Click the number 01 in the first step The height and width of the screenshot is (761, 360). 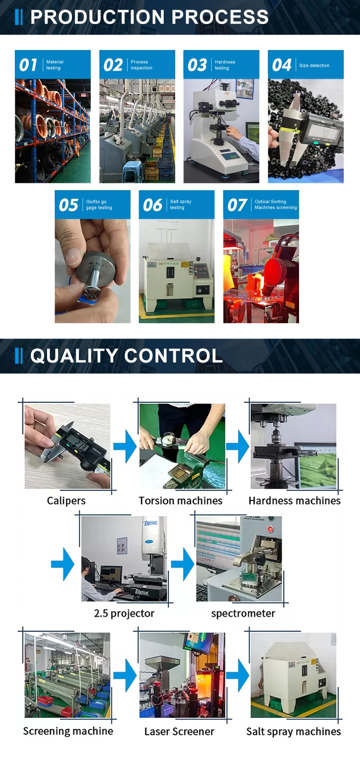coord(28,65)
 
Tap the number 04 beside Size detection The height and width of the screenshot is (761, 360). coord(282,65)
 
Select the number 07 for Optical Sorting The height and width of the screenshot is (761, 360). coord(237,205)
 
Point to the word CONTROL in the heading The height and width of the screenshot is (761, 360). coord(173,356)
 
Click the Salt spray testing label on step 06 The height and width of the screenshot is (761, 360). coord(180,205)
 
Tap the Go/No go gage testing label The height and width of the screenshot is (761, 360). coord(99,205)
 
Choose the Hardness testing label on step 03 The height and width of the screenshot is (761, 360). coord(225,65)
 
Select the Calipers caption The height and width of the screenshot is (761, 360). coord(66,501)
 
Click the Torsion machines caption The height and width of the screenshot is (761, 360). coord(180,501)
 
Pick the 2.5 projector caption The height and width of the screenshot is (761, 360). coord(124,613)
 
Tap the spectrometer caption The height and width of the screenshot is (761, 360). coord(243,613)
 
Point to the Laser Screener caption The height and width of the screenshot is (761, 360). coord(180,731)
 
